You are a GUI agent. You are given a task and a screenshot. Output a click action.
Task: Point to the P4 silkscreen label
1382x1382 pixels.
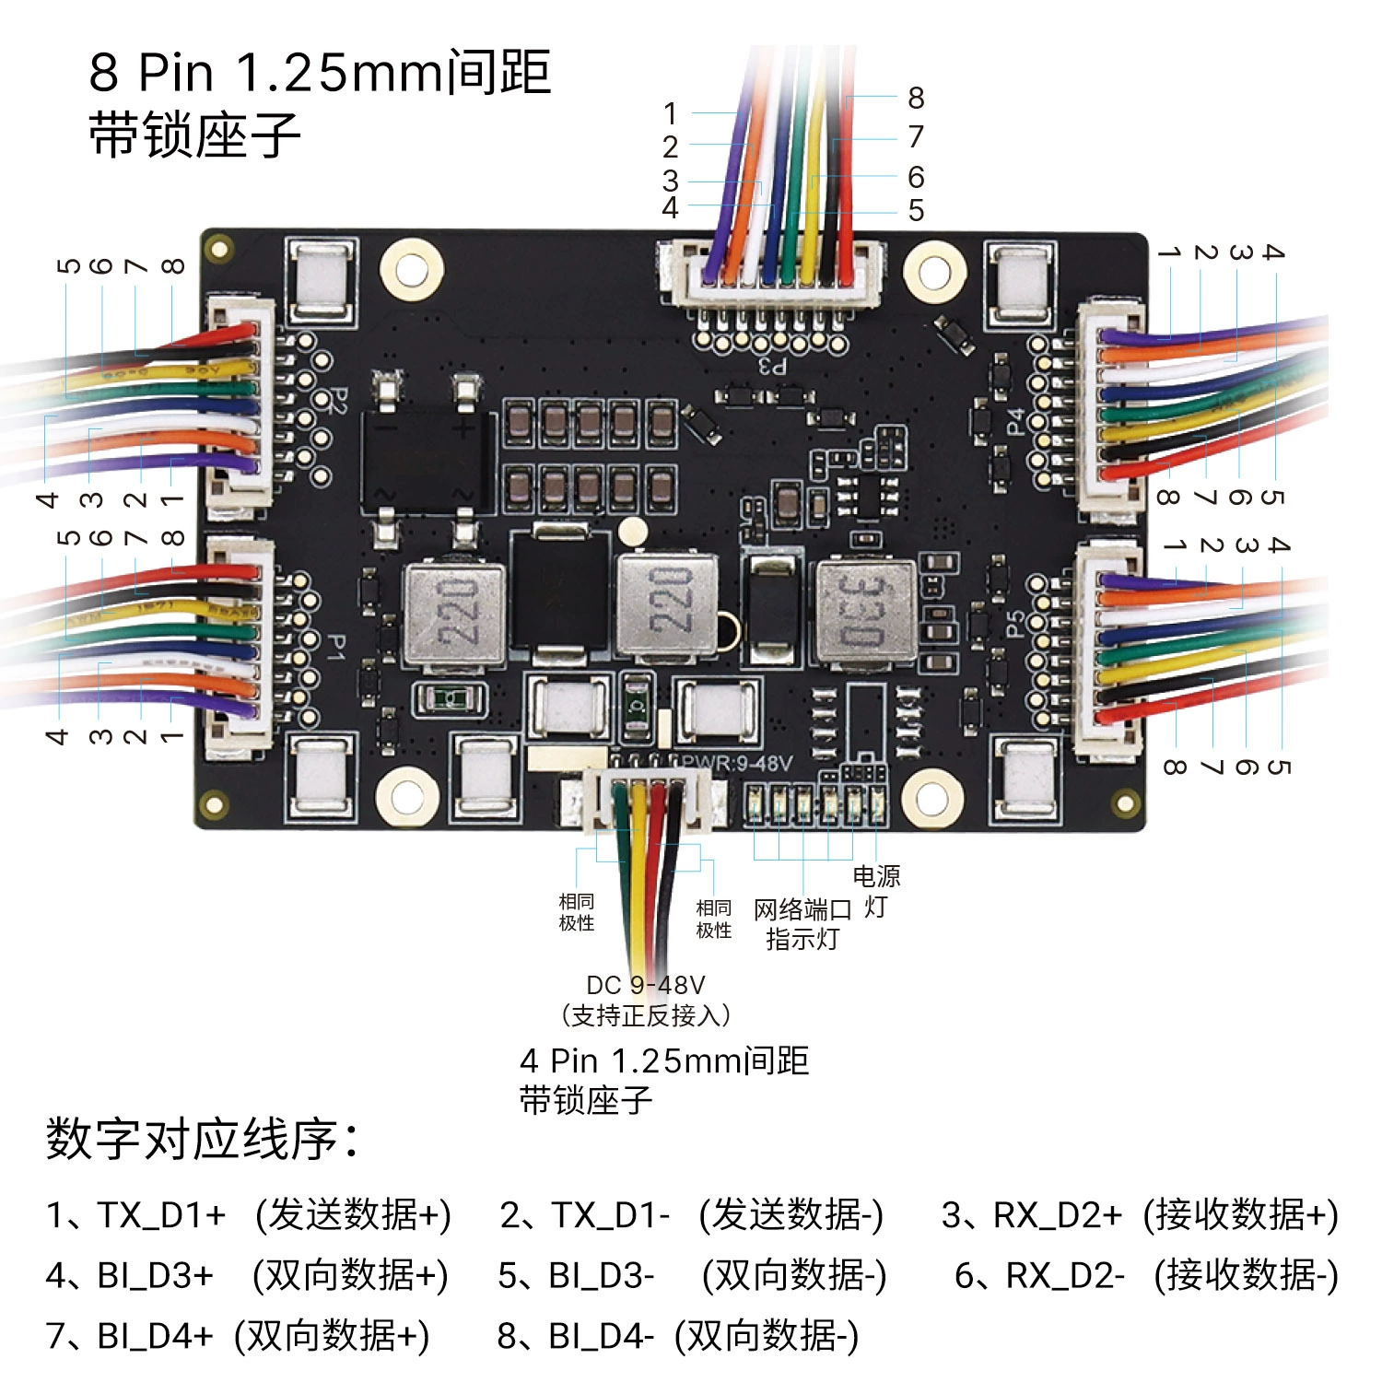click(1015, 422)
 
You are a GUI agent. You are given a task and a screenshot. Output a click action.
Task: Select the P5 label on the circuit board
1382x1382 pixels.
click(1015, 624)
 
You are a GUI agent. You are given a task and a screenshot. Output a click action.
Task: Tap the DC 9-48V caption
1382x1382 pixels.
click(646, 985)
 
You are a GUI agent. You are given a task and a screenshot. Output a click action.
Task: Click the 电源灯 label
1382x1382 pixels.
click(876, 891)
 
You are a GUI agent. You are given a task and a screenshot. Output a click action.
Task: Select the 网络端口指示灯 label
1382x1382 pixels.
click(802, 924)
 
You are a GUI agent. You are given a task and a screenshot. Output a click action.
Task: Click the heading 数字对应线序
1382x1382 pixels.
click(202, 1139)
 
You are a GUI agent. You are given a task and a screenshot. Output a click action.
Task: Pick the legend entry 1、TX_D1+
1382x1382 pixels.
click(135, 1215)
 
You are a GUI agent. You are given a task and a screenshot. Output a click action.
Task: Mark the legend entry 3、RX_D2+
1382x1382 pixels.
click(1032, 1215)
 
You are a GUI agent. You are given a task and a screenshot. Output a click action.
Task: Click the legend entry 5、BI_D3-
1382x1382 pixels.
click(577, 1276)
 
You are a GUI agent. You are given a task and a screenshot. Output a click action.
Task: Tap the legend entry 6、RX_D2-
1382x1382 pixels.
click(1040, 1276)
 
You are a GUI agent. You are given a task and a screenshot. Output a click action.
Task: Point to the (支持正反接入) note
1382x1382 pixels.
click(646, 1016)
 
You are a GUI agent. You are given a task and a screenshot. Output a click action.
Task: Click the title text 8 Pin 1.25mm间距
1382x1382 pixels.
click(320, 72)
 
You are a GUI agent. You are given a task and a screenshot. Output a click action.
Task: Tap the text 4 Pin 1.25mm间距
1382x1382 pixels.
click(664, 1061)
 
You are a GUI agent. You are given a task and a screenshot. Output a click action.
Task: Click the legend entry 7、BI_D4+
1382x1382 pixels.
click(130, 1336)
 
